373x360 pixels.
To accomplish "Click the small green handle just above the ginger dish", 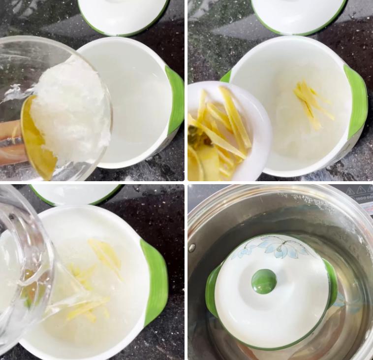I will tap(226, 77).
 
